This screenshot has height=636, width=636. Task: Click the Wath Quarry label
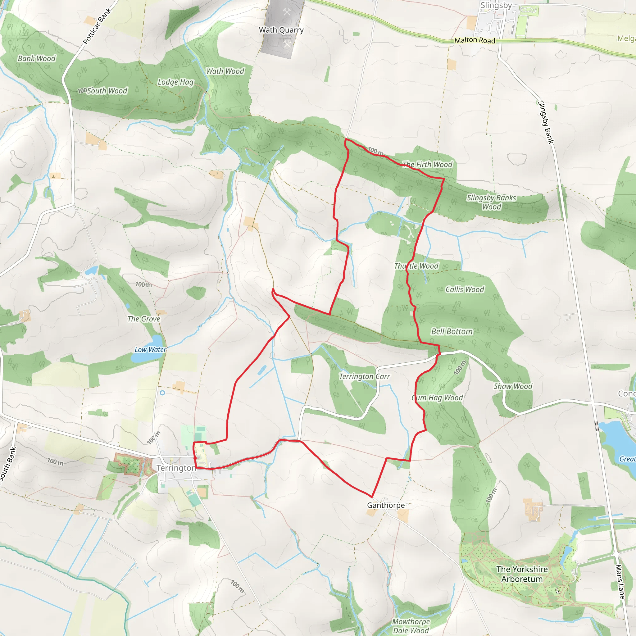pyautogui.click(x=281, y=30)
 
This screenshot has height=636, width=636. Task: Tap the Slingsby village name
pyautogui.click(x=496, y=5)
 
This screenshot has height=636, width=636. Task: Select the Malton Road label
pyautogui.click(x=475, y=40)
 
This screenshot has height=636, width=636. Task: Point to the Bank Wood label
pyautogui.click(x=37, y=59)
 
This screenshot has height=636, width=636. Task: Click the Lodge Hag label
pyautogui.click(x=175, y=82)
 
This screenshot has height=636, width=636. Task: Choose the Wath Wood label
pyautogui.click(x=225, y=71)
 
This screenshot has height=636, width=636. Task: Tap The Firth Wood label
pyautogui.click(x=428, y=164)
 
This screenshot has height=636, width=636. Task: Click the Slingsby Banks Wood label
pyautogui.click(x=491, y=202)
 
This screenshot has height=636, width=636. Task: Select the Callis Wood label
pyautogui.click(x=465, y=289)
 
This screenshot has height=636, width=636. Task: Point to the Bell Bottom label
pyautogui.click(x=452, y=331)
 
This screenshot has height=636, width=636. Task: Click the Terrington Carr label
pyautogui.click(x=364, y=376)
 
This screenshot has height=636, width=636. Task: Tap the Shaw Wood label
pyautogui.click(x=513, y=386)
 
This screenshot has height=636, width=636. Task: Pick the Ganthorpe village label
pyautogui.click(x=386, y=505)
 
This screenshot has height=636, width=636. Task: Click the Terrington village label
pyautogui.click(x=176, y=468)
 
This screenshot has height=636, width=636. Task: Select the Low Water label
pyautogui.click(x=150, y=350)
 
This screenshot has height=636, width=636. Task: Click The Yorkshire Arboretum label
pyautogui.click(x=522, y=574)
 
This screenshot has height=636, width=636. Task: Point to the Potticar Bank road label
pyautogui.click(x=97, y=26)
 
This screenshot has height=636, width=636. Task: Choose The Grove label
pyautogui.click(x=143, y=319)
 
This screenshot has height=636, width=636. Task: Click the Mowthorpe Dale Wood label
pyautogui.click(x=411, y=626)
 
